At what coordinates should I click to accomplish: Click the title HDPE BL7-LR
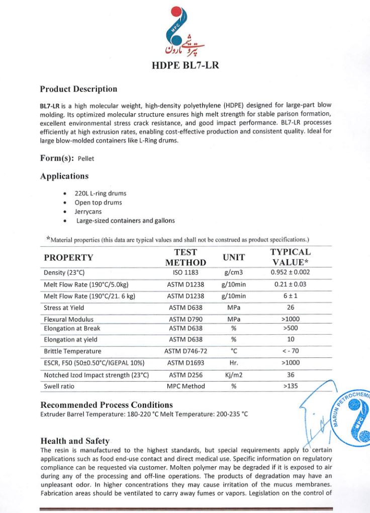pos(185,65)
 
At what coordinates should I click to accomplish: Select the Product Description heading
pos(78,89)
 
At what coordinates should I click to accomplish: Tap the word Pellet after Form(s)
pos(86,159)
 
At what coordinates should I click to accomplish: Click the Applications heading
pos(64,176)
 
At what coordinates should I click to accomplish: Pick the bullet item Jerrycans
pos(88,211)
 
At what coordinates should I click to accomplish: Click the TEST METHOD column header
pos(186,257)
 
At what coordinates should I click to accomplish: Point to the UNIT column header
pos(234,257)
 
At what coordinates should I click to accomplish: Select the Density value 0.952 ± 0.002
pos(291,272)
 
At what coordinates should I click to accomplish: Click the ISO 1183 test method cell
pos(186,273)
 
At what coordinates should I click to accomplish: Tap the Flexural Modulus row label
pos(68,319)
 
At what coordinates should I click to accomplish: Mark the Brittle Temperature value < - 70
pos(291,351)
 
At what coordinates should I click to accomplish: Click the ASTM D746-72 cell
pos(186,351)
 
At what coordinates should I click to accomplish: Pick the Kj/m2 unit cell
pos(234,375)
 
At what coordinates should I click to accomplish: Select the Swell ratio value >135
pos(291,387)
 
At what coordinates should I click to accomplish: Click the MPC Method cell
pos(186,387)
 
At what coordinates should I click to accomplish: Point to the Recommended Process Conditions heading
pos(107,405)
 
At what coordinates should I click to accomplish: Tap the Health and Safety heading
pos(75,441)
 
